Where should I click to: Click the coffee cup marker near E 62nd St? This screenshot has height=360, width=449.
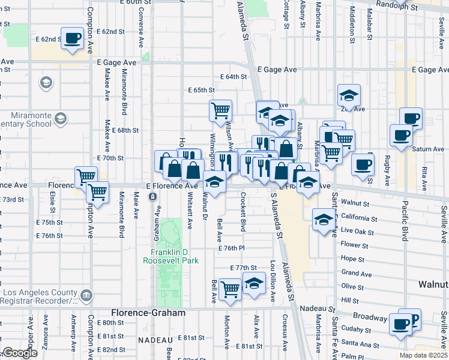tap(73, 39)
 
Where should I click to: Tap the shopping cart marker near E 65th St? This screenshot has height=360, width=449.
tap(220, 110)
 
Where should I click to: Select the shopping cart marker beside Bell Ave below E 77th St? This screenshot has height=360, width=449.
tap(230, 289)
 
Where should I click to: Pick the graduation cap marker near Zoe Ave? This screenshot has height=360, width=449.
tap(349, 95)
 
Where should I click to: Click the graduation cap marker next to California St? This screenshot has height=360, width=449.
tap(324, 220)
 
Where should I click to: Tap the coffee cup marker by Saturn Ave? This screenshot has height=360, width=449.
tap(400, 136)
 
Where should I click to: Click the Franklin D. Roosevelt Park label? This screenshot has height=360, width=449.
tap(170, 256)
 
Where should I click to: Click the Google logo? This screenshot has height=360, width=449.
tap(20, 353)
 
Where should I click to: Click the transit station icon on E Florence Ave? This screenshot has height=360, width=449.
tap(153, 196)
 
